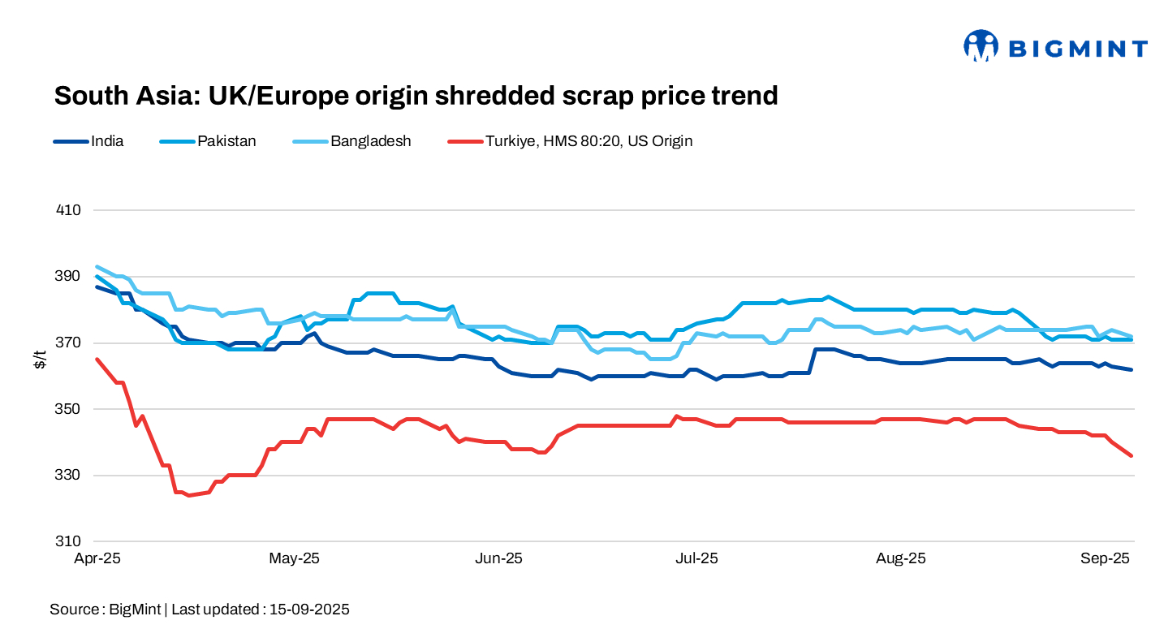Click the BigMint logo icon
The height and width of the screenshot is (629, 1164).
pyautogui.click(x=980, y=46)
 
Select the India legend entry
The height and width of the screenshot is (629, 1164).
pyautogui.click(x=107, y=141)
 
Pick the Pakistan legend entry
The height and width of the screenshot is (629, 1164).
pyautogui.click(x=226, y=141)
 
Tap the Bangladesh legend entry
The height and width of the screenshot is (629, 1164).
pyautogui.click(x=370, y=141)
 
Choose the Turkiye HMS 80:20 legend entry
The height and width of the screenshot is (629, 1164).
pyautogui.click(x=588, y=141)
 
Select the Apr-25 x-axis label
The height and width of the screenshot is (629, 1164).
pyautogui.click(x=97, y=558)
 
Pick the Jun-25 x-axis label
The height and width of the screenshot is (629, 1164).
pyautogui.click(x=499, y=558)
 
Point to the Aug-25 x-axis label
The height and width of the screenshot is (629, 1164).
pyautogui.click(x=902, y=558)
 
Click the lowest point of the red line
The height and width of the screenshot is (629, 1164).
pyautogui.click(x=188, y=495)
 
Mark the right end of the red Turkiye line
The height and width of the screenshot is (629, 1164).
pyautogui.click(x=1132, y=455)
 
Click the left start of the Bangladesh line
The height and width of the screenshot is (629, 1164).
pyautogui.click(x=97, y=266)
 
